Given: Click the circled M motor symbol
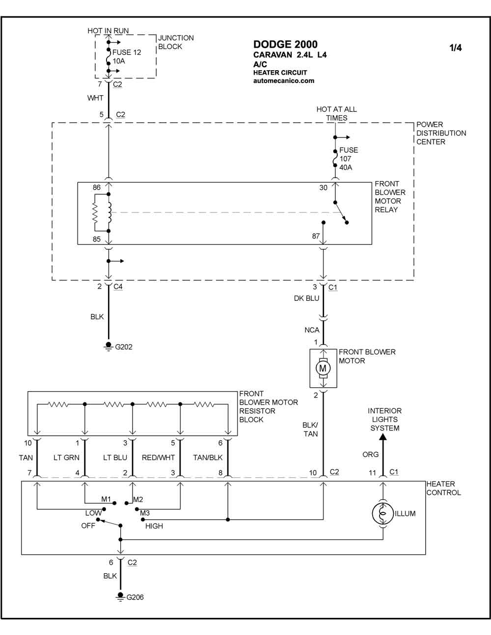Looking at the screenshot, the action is click(323, 368).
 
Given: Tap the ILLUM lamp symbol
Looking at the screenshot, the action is click(383, 513).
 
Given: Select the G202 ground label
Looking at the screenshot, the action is click(124, 347).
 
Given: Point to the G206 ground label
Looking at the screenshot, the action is click(135, 597).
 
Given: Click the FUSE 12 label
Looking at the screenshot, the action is click(127, 53).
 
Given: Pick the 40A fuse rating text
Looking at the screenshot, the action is click(346, 167).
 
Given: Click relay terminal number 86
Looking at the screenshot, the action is click(96, 187).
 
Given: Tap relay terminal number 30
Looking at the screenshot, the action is click(323, 187).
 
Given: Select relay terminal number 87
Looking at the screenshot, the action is click(316, 236).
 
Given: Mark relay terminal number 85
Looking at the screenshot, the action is click(96, 239).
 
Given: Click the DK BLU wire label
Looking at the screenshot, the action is click(306, 298).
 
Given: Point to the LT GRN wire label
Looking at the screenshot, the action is click(66, 457).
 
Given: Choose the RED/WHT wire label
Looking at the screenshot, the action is click(158, 457).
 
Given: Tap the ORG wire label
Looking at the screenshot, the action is click(370, 454).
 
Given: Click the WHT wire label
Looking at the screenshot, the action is click(95, 98).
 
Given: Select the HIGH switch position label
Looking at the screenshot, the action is click(154, 526).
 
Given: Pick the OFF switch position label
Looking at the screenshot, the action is click(88, 526).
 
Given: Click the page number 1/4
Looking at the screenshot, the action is click(455, 48).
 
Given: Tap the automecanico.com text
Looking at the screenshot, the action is click(284, 80).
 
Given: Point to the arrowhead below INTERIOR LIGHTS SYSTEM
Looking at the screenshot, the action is click(383, 437).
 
